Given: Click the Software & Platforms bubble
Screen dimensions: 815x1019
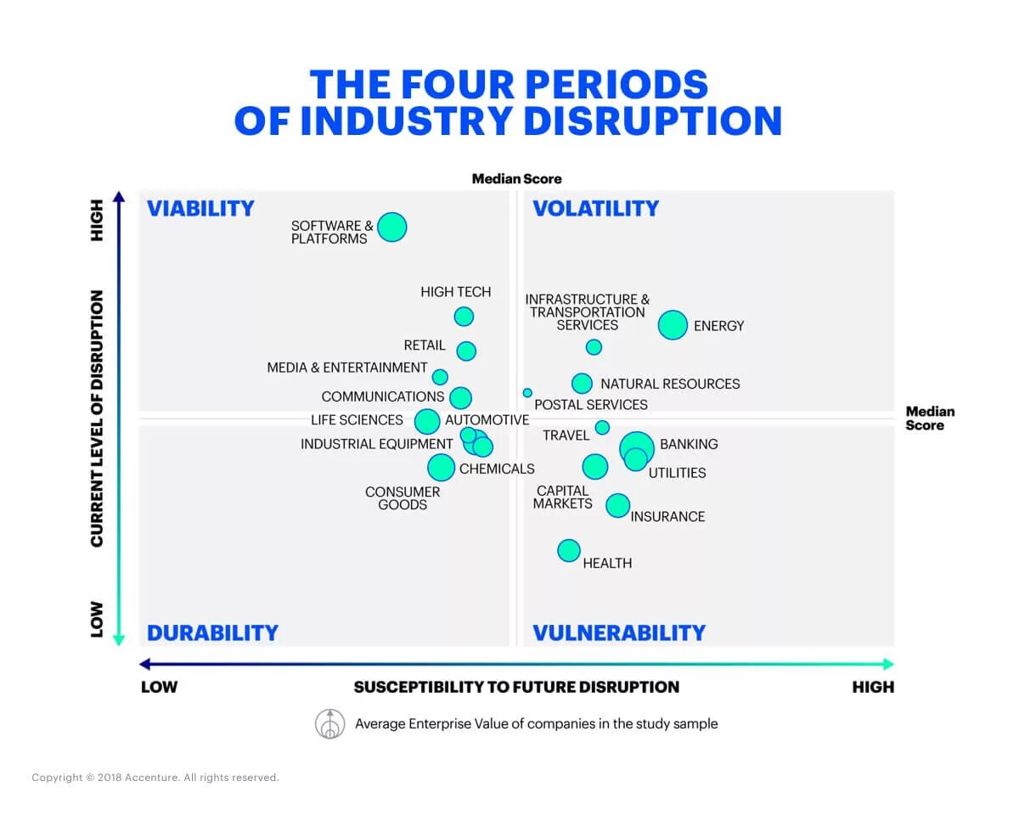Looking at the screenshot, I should tap(391, 227).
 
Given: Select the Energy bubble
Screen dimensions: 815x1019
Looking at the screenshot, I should tap(673, 324).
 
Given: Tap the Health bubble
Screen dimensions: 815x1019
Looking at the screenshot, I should tap(569, 550).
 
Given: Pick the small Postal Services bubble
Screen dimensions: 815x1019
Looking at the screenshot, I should tap(527, 393).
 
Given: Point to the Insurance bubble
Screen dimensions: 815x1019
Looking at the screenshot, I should tap(618, 505).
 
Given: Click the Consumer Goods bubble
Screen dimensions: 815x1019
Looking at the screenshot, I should tap(441, 466).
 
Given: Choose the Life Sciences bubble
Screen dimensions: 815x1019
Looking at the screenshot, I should tap(427, 421).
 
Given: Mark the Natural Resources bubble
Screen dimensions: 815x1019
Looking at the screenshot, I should tap(582, 383).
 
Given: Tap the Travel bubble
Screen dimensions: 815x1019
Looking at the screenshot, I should tap(602, 427).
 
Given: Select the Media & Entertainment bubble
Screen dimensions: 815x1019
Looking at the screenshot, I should tap(440, 377).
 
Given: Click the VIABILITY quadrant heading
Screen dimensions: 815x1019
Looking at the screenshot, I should tap(200, 209).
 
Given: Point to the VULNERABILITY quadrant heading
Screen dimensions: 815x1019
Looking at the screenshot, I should tap(619, 632).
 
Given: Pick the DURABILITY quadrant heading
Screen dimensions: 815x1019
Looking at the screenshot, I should tap(212, 632).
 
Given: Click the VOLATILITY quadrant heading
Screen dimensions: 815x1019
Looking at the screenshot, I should tap(595, 209).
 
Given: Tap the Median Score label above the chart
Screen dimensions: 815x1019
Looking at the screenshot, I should tap(516, 179).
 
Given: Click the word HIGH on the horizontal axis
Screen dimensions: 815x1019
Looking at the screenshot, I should tap(873, 687).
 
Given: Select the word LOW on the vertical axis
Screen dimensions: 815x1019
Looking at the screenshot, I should tap(97, 619).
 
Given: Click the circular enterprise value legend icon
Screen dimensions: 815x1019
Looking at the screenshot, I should tap(329, 723).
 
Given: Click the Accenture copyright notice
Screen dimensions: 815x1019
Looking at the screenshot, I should tap(155, 778).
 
